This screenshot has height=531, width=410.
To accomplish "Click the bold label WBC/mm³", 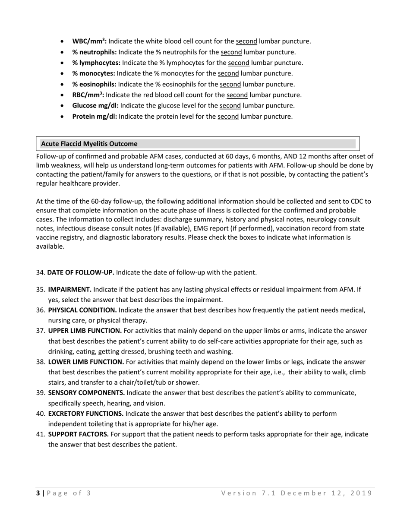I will click(89, 41).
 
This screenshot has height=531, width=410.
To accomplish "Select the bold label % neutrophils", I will click(94, 52).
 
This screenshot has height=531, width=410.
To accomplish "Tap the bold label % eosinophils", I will click(94, 84).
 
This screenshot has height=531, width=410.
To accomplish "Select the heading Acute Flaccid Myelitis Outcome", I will click(89, 144).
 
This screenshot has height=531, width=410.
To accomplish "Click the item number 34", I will click(41, 272).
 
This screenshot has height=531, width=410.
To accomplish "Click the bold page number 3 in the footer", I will click(38, 493).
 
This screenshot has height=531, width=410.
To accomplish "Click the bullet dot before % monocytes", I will click(63, 74).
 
